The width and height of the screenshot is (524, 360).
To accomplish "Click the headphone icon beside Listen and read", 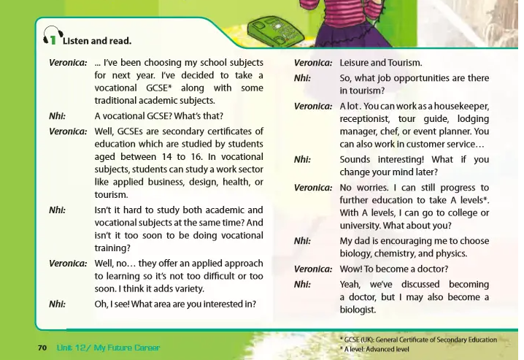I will click(x=50, y=37).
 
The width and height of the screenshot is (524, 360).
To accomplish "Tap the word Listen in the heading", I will click(x=75, y=41).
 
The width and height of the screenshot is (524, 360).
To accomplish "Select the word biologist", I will click(x=358, y=310).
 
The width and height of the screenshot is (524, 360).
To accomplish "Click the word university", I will click(x=363, y=225).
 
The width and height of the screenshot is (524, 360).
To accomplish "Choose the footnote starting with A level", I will click(x=374, y=349).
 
